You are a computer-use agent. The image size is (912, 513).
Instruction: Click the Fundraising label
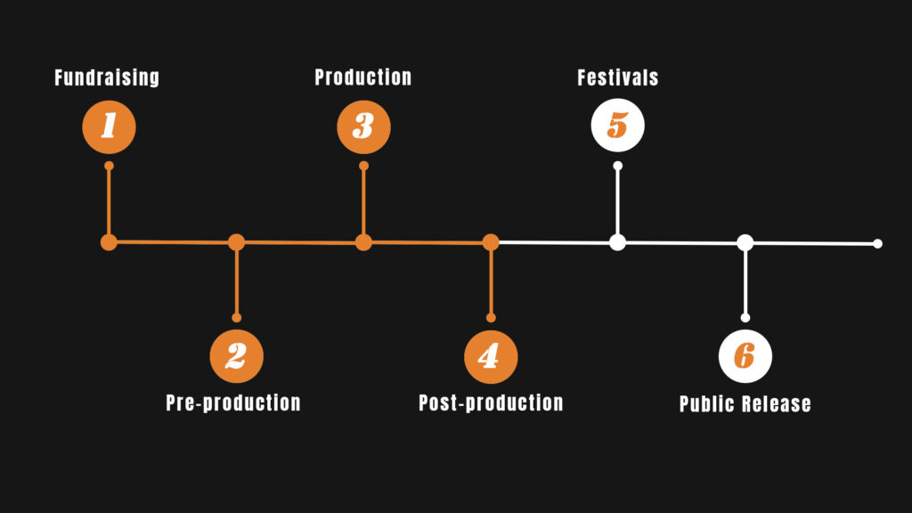point(107,77)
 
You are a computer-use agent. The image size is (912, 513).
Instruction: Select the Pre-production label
point(233,403)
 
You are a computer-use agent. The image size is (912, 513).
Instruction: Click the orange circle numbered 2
point(236,356)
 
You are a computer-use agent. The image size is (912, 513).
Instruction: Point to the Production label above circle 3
point(363,77)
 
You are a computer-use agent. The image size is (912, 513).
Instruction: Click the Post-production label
point(491,403)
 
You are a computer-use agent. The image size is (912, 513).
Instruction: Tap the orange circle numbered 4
point(491,356)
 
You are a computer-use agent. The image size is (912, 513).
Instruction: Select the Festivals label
point(618,77)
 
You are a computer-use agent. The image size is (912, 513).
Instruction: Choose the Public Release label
point(745,403)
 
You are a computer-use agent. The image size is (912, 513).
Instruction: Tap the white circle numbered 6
point(745,356)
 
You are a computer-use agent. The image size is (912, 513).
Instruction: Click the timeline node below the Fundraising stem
point(109,241)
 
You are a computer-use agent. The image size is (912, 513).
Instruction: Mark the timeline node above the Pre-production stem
point(236,241)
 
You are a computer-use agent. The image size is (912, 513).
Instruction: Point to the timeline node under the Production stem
point(363,241)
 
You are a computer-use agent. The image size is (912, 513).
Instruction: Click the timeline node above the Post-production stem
point(491,241)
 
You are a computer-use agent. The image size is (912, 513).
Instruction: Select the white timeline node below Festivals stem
point(617,241)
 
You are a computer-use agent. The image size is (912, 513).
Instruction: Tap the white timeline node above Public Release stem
point(745,241)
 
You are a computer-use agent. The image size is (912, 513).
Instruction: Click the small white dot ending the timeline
point(877,243)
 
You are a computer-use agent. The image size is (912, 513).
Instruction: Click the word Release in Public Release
point(778,403)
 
